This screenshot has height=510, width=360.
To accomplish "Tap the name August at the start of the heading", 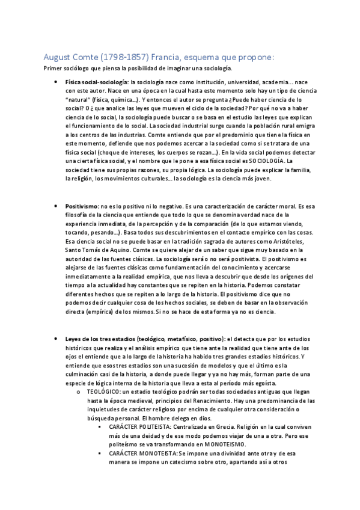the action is click(59, 57).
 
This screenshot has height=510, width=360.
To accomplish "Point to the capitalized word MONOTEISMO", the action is click(221, 443).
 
